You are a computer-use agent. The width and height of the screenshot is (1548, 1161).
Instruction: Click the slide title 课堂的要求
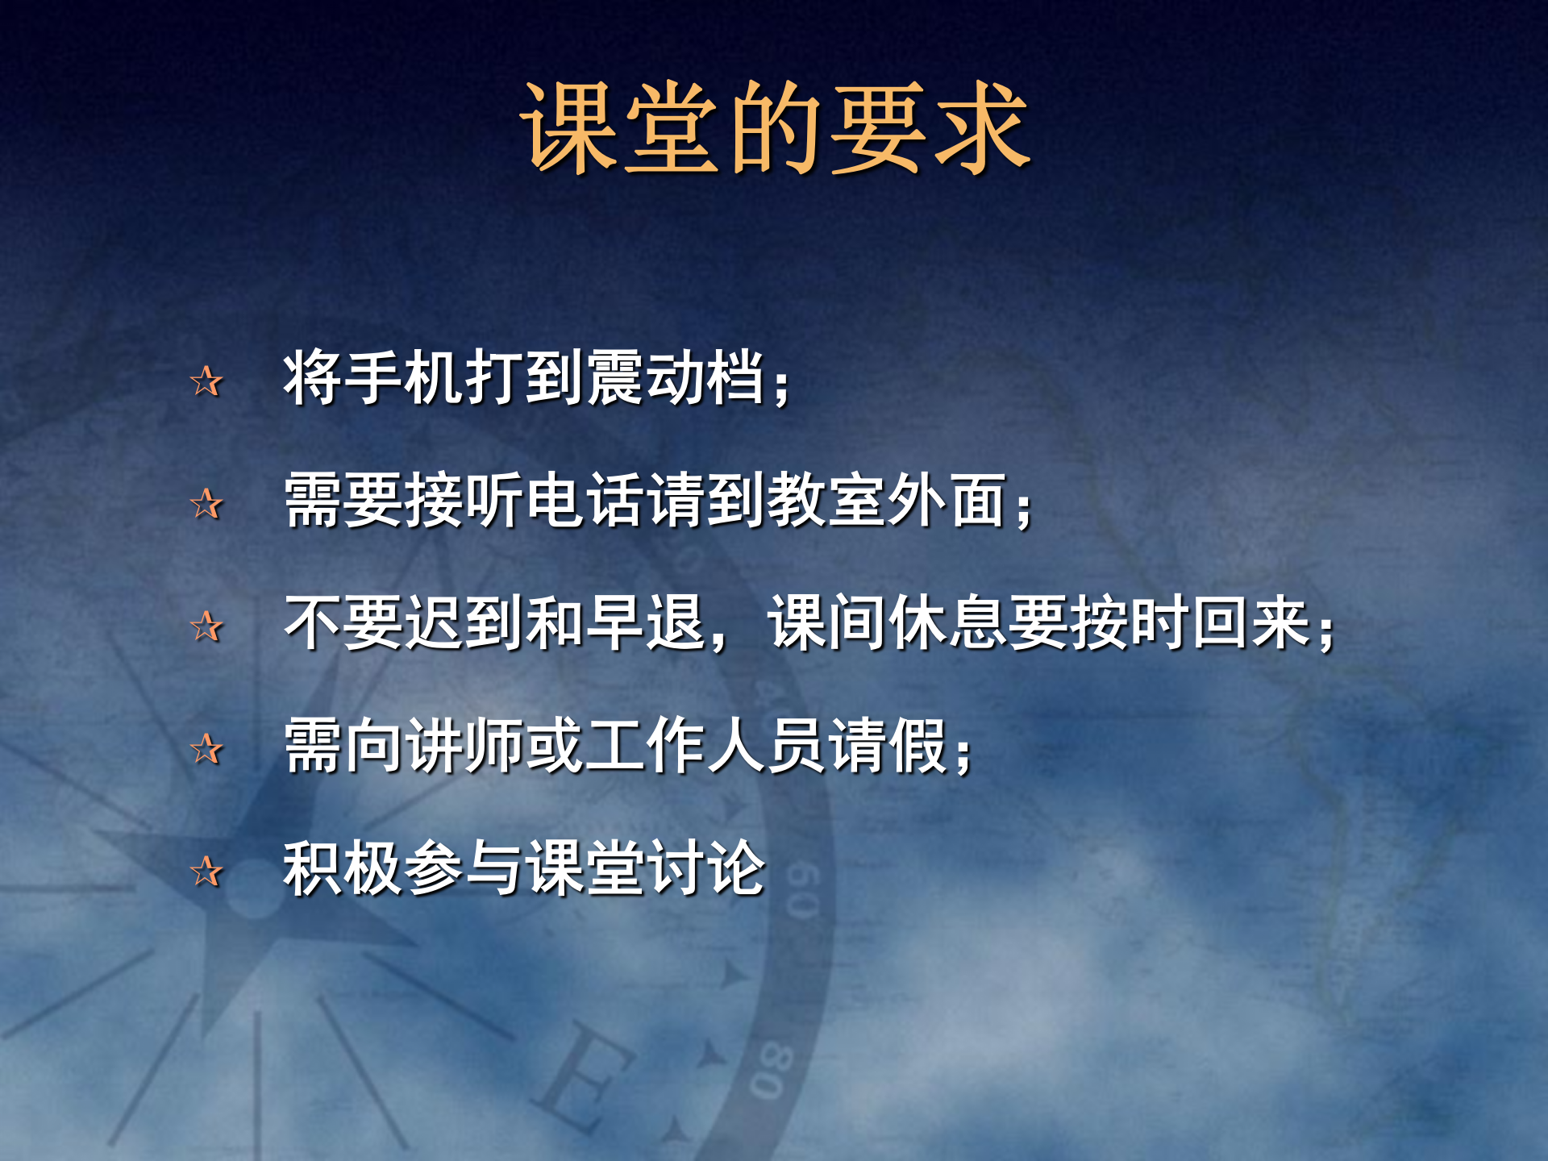774,129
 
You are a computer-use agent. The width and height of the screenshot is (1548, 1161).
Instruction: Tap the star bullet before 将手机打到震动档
206,381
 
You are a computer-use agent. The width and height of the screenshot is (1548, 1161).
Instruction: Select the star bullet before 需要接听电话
206,504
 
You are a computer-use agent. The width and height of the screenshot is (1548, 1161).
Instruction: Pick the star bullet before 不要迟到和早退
206,626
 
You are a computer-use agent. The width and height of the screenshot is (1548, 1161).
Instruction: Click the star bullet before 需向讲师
206,749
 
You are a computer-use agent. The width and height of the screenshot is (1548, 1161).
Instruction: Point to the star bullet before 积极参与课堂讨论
206,872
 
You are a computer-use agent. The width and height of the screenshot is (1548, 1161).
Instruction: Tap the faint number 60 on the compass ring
802,891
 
